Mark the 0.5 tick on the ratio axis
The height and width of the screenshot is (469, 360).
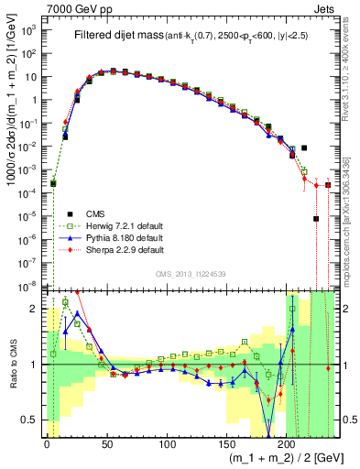pyautogui.click(x=33, y=420)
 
